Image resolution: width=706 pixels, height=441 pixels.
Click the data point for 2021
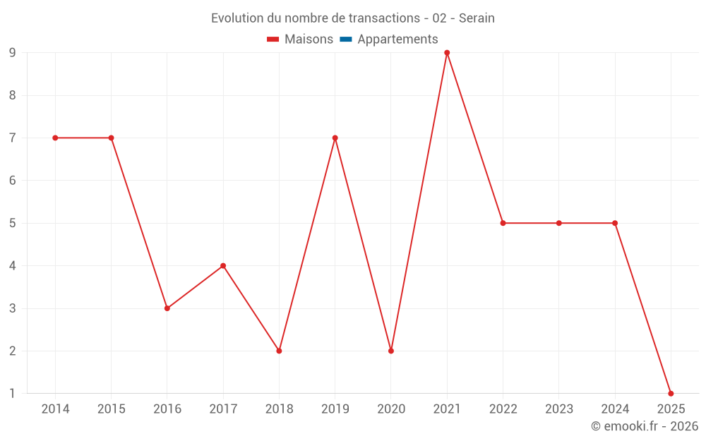(x=447, y=53)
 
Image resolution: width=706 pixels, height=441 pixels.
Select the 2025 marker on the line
(x=671, y=393)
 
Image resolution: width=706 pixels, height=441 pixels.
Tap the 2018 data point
(x=279, y=351)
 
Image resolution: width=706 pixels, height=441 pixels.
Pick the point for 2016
(x=167, y=308)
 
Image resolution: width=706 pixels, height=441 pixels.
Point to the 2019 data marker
(x=335, y=138)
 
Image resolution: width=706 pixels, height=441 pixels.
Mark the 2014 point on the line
(x=55, y=138)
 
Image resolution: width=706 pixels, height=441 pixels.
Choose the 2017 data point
(x=223, y=266)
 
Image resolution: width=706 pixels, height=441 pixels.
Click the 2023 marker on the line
(x=559, y=223)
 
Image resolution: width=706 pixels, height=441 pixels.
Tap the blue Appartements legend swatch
(x=346, y=40)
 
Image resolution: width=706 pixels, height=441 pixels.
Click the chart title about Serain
(x=353, y=18)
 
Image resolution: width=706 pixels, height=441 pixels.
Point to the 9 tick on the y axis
(x=13, y=53)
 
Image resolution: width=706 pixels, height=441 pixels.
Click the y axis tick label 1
(x=13, y=393)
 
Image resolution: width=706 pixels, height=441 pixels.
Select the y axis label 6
(x=13, y=181)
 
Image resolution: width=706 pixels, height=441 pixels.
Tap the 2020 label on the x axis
(x=391, y=409)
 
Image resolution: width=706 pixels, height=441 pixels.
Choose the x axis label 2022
(x=503, y=409)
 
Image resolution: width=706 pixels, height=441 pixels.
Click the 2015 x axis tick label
(x=111, y=409)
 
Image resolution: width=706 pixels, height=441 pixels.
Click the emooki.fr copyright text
(x=645, y=426)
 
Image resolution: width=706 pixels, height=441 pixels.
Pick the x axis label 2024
(x=615, y=409)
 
